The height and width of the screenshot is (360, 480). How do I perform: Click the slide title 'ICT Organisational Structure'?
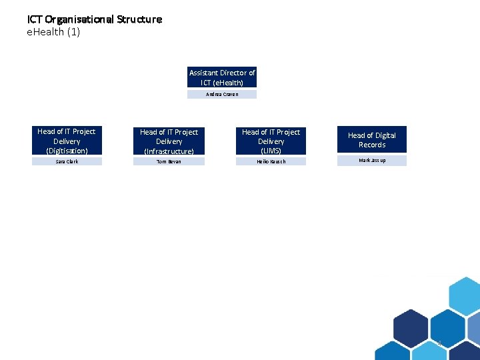94,19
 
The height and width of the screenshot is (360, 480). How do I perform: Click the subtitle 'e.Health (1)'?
53,32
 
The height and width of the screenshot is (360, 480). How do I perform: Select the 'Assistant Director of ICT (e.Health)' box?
222,77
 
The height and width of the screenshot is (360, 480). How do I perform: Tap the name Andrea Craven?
222,95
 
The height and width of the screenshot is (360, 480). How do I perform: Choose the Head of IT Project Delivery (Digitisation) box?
67,141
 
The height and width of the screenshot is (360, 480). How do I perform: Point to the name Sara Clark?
67,161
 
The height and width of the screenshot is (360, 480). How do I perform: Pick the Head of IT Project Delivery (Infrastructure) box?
169,141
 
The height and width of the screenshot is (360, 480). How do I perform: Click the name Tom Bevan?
169,161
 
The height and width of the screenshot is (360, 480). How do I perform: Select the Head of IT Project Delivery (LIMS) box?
271,141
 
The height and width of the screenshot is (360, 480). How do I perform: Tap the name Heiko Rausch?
271,161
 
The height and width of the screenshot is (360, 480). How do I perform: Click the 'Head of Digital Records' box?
371,140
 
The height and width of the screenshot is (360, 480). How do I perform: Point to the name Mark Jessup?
372,161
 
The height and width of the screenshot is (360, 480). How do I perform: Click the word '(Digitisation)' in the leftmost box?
67,151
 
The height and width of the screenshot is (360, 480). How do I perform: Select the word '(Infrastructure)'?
169,151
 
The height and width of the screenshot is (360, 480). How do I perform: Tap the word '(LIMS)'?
271,151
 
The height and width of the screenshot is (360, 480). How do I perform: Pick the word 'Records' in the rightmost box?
372,145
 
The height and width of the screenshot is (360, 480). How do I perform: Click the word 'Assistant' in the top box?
204,73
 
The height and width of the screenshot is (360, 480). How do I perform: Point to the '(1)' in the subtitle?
73,32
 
